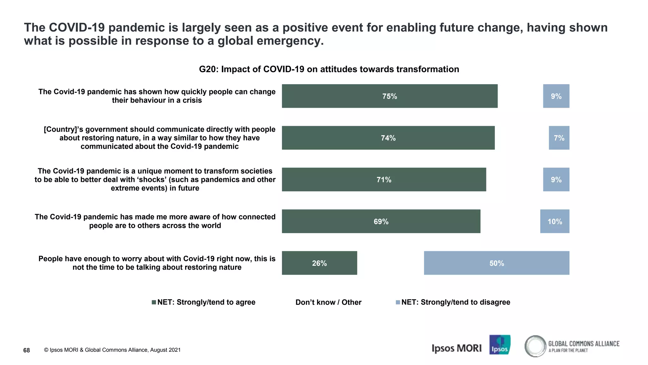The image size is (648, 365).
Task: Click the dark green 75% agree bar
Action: pos(389,96)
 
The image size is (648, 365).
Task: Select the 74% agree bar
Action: pos(388,138)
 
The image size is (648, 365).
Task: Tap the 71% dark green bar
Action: pos(384,180)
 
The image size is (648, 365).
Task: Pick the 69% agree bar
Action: pos(381,221)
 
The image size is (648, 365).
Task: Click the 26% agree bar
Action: pos(319,263)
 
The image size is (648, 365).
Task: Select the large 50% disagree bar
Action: pos(496,263)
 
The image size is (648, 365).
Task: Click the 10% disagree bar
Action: pos(555,221)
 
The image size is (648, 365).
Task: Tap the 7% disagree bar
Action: pos(559,138)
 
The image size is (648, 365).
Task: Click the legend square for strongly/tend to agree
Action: pos(154,302)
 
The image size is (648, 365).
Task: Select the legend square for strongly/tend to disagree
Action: pos(398,302)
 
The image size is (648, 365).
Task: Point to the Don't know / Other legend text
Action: pos(328,302)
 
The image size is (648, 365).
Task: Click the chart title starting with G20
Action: pos(329,69)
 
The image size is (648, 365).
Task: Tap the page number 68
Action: pos(27,350)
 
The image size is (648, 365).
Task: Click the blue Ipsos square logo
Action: pos(500,345)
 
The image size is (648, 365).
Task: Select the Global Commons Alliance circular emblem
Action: pos(535,346)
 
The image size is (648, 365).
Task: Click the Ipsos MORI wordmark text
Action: pos(456,348)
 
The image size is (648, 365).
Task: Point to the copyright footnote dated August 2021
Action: pos(112,350)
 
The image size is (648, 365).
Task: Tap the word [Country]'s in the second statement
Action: pos(63,129)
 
